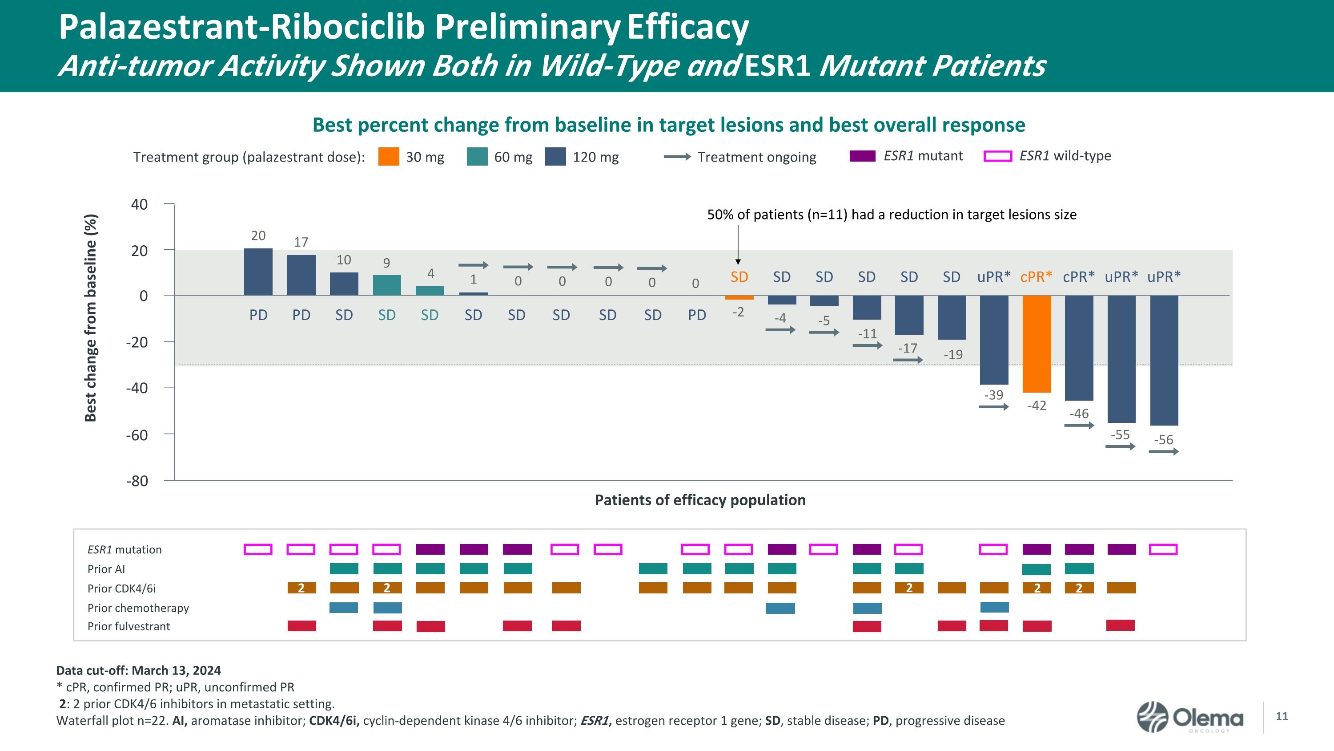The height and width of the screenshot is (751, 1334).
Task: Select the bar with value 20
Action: pos(258,272)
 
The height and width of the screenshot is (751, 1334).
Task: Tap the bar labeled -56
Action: pos(1164,360)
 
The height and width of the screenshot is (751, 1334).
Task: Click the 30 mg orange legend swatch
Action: pos(388,157)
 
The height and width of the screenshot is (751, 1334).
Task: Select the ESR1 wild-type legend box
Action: pos(997,156)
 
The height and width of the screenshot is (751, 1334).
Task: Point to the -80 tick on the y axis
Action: pos(137,481)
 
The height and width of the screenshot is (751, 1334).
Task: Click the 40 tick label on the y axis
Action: pos(139,204)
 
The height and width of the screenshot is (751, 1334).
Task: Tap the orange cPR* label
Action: pos(1036,277)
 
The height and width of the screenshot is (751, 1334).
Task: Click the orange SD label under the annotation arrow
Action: pos(739,277)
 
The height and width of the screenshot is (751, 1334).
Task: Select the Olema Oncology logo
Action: pos(1189,717)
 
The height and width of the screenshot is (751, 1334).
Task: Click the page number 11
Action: pos(1282,716)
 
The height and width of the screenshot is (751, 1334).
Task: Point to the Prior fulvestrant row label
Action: pos(129,626)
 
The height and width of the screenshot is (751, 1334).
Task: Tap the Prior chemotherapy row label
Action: pos(138,608)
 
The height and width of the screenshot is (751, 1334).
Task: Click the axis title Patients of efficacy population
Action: pos(699,500)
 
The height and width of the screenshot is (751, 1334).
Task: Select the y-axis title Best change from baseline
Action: pos(91,318)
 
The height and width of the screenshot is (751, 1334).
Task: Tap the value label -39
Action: pos(993,395)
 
